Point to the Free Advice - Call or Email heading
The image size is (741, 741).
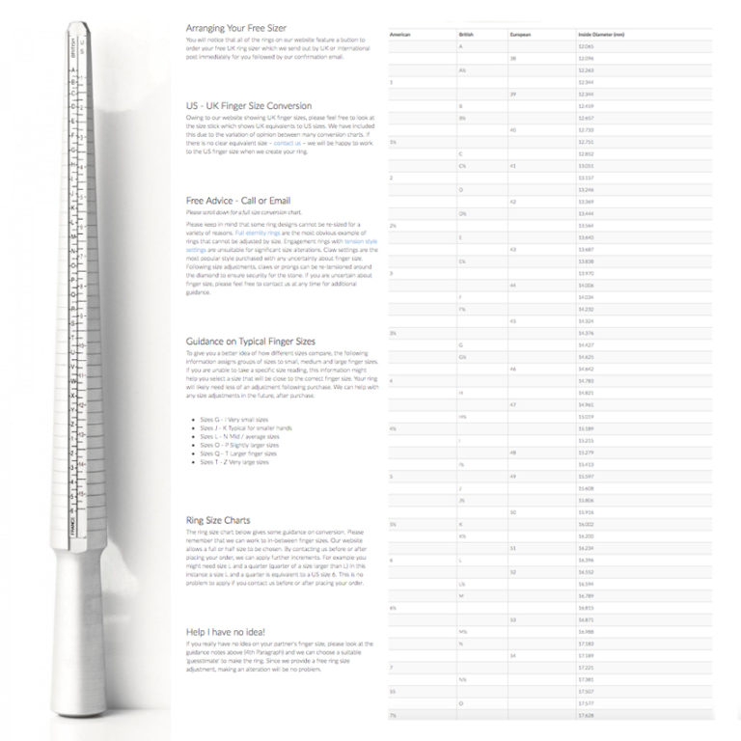pos(238,200)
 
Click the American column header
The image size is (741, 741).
pos(400,34)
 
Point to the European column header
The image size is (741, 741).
pos(520,34)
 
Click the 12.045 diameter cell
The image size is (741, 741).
pos(586,46)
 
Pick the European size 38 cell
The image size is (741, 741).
pos(513,59)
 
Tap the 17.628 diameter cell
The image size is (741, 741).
pos(586,716)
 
